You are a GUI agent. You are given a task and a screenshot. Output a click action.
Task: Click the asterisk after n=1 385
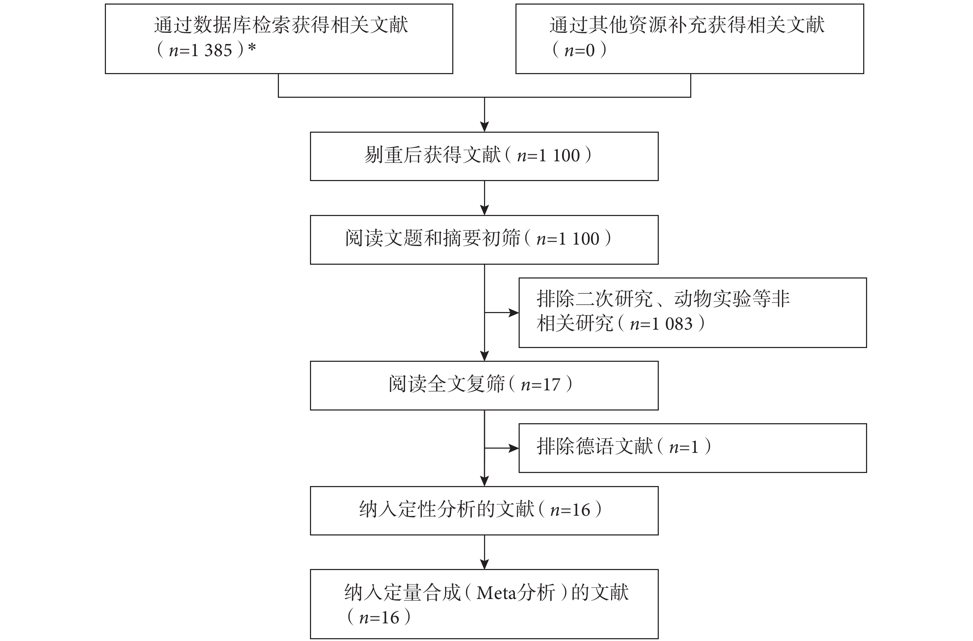[x=252, y=48]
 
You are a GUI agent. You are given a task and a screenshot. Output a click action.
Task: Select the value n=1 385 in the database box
[x=200, y=50]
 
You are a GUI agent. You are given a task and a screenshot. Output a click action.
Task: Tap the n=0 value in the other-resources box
[x=579, y=50]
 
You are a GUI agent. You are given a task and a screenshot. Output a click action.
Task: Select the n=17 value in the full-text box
[x=540, y=385]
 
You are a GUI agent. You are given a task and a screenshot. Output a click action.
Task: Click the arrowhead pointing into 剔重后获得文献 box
[x=484, y=127]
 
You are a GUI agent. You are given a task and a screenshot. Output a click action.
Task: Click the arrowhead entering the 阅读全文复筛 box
[x=484, y=356]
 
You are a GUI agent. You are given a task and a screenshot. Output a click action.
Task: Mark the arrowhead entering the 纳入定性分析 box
[x=484, y=481]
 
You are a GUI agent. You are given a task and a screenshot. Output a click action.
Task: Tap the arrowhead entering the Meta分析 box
[x=484, y=564]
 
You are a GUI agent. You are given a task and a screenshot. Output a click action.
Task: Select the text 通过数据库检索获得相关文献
[x=281, y=25]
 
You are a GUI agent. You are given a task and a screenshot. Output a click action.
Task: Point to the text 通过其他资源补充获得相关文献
[x=687, y=25]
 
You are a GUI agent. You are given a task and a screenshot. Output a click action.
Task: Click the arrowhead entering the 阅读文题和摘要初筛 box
[x=484, y=210]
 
